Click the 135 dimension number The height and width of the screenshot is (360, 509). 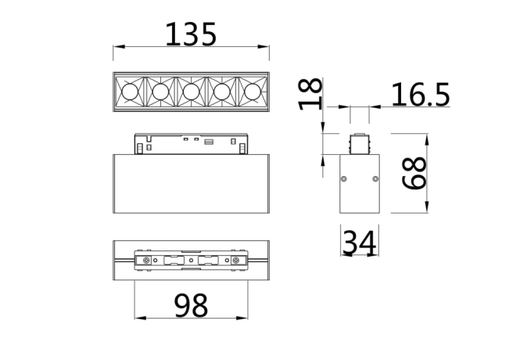(191, 34)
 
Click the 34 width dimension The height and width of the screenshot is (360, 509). (360, 244)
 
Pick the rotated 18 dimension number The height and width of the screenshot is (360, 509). (310, 94)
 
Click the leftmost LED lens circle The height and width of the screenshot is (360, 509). (130, 93)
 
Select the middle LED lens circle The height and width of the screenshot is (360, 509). (192, 93)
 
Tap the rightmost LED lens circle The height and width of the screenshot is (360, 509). (253, 93)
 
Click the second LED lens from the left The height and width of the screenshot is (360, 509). (160, 93)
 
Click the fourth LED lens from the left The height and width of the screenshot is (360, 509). (222, 93)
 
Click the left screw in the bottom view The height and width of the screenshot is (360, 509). (145, 259)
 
